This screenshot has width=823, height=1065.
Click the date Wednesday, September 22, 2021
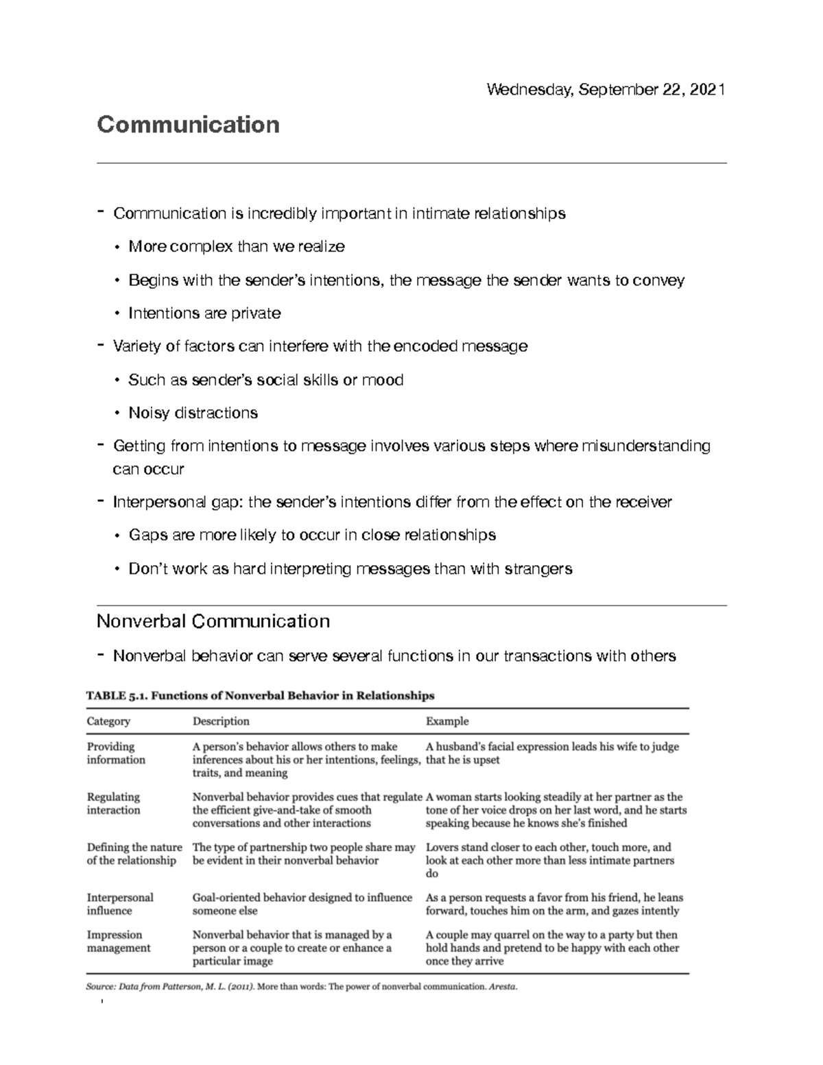coord(606,90)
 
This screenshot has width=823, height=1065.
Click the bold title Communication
coord(188,125)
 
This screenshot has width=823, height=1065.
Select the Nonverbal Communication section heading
coord(213,621)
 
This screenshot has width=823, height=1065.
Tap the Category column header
coord(108,721)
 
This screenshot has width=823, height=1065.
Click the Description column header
coord(221,721)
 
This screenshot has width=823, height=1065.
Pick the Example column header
coord(447,721)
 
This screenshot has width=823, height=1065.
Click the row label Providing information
coord(116,753)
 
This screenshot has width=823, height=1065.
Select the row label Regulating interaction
coord(113,803)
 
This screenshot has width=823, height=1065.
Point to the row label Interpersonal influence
coord(120,904)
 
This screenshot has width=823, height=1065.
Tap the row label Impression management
coord(118,941)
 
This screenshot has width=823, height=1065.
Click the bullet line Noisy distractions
coord(193,413)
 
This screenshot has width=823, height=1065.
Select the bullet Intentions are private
coord(204,313)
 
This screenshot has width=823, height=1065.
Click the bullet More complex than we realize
coord(236,246)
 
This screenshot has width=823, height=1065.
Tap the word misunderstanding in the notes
coord(645,446)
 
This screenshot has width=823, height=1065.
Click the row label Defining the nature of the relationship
coord(134,854)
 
